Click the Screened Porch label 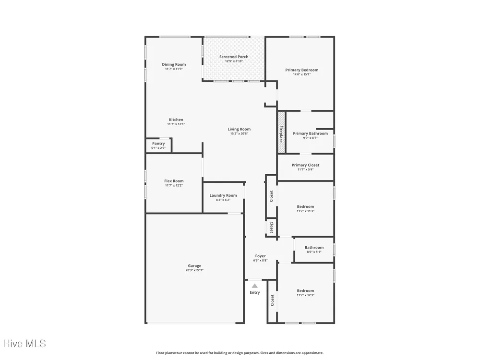pyautogui.click(x=234, y=57)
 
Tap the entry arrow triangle pyautogui.click(x=255, y=286)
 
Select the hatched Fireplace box pyautogui.click(x=281, y=132)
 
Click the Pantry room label pyautogui.click(x=158, y=144)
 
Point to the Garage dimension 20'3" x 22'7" pyautogui.click(x=194, y=270)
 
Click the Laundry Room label pyautogui.click(x=223, y=195)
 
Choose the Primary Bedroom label pyautogui.click(x=302, y=70)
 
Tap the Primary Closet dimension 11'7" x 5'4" pyautogui.click(x=305, y=169)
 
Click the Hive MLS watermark pyautogui.click(x=24, y=344)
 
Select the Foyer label pyautogui.click(x=261, y=256)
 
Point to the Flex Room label pyautogui.click(x=174, y=181)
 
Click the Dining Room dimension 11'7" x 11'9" pyautogui.click(x=174, y=69)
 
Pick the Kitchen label pyautogui.click(x=176, y=120)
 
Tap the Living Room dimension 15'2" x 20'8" pyautogui.click(x=239, y=133)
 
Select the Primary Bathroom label pyautogui.click(x=311, y=133)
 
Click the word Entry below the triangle pyautogui.click(x=255, y=292)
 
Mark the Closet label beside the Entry pyautogui.click(x=272, y=300)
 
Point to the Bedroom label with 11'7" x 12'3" pyautogui.click(x=305, y=291)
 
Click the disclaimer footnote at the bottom pyautogui.click(x=240, y=353)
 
